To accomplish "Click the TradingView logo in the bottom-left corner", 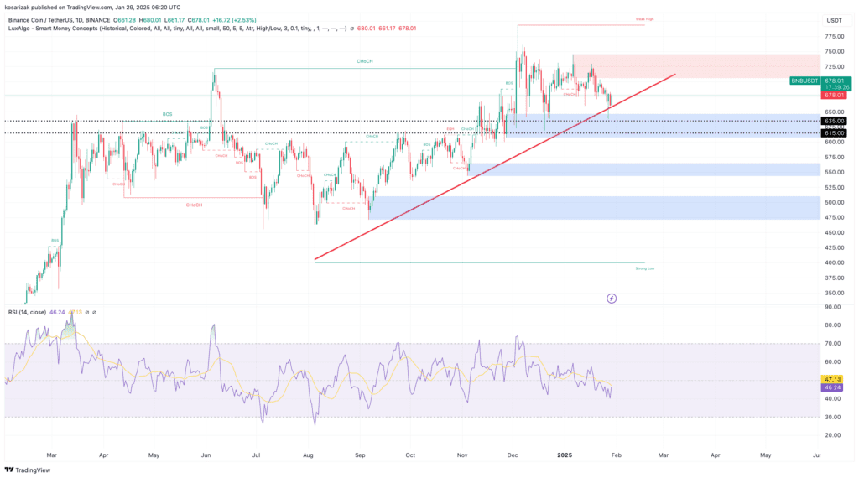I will (28, 470).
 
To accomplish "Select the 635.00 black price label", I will (834, 121).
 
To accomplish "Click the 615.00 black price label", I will (834, 133).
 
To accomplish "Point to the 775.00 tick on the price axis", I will (834, 36).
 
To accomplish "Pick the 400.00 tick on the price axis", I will (834, 262).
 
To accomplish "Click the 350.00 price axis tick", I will (834, 293).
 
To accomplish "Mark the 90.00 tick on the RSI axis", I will (832, 307).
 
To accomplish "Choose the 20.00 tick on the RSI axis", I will (832, 435).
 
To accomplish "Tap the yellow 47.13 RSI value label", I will (833, 379).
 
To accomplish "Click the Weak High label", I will (644, 18).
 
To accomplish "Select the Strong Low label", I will (645, 268).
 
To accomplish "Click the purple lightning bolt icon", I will (612, 298).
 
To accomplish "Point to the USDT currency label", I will (834, 20).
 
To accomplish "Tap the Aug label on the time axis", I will (308, 455).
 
